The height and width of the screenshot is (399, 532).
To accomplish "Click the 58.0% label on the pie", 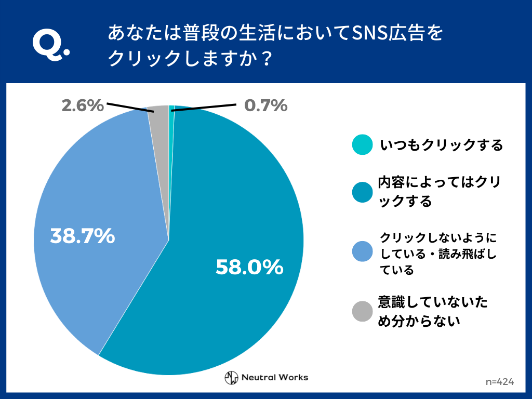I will tap(249, 267).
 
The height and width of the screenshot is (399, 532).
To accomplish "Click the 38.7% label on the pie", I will tap(82, 236).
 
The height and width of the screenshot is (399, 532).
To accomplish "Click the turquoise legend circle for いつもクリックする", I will tap(362, 145).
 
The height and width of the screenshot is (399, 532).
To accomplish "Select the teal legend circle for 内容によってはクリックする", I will tap(362, 192).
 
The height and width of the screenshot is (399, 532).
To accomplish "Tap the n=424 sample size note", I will tap(500, 382).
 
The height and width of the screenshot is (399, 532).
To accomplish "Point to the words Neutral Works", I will tap(275, 378).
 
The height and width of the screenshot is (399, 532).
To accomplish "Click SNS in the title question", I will tap(367, 34).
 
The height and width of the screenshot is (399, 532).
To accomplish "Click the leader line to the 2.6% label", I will tap(130, 107).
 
